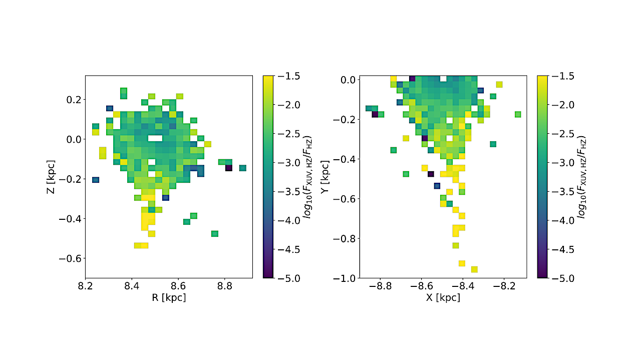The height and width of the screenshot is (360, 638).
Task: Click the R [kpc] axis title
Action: click(169, 297)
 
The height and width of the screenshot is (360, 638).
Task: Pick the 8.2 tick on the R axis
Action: click(85, 286)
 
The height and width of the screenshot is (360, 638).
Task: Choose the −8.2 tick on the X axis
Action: click(503, 286)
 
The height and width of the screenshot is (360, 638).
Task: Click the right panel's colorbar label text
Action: click(583, 177)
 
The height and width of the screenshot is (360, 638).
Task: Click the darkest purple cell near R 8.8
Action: click(228, 168)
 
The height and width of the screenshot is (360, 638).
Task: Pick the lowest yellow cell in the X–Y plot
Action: click(474, 269)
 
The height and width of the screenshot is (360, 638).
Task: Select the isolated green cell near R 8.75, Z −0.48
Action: click(214, 234)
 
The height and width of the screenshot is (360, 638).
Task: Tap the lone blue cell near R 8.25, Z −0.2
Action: click(96, 180)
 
